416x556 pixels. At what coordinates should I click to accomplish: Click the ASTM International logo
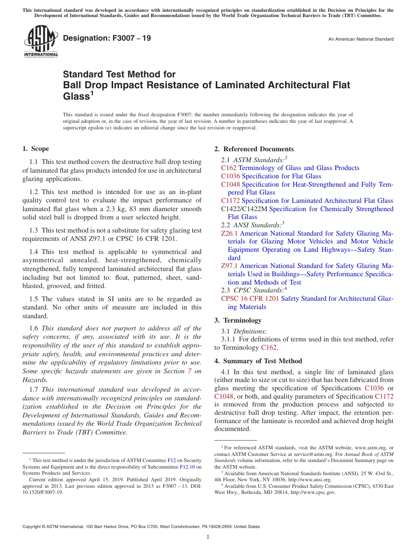tap(41, 42)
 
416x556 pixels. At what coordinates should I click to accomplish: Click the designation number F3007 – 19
tap(107, 38)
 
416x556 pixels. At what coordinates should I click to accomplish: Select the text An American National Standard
tap(360, 39)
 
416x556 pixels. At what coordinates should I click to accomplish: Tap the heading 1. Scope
tap(35, 149)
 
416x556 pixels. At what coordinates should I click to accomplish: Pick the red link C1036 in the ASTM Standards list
tap(230, 176)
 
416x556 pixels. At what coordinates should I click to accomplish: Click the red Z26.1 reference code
tap(229, 233)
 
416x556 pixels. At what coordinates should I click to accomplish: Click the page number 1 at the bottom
tap(208, 537)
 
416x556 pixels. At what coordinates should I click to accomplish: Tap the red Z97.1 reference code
tap(229, 266)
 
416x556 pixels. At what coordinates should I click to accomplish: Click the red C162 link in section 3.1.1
tap(268, 347)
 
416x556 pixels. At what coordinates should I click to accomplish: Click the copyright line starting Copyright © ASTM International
tap(141, 527)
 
